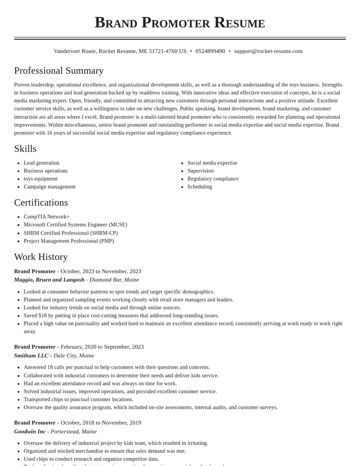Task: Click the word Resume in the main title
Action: click(x=239, y=23)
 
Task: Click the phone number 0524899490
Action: click(x=210, y=51)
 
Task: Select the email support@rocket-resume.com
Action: click(x=268, y=51)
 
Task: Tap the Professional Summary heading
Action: click(x=59, y=71)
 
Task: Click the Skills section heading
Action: click(x=25, y=149)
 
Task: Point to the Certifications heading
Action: click(x=41, y=203)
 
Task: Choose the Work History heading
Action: click(x=41, y=257)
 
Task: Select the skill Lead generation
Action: click(x=41, y=163)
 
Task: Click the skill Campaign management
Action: click(x=49, y=187)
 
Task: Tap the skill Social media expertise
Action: click(x=212, y=163)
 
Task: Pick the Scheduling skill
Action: click(x=199, y=187)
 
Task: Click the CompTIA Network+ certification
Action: click(x=46, y=217)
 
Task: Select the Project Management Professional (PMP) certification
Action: click(x=68, y=241)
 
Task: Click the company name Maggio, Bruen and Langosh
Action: click(x=49, y=280)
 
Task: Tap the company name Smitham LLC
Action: click(x=31, y=356)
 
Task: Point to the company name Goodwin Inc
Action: click(x=30, y=431)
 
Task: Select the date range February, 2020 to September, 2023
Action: click(x=102, y=347)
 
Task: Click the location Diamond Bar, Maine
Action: click(x=114, y=280)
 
